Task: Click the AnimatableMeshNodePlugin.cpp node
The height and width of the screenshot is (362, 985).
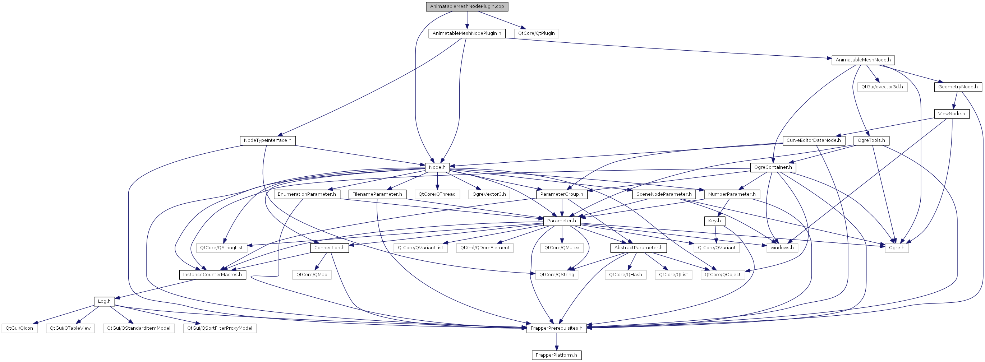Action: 467,6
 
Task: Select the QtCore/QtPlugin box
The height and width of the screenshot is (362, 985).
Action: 536,33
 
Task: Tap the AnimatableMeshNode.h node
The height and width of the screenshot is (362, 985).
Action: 863,60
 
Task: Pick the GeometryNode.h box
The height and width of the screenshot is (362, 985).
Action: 958,87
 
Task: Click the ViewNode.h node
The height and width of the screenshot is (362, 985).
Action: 951,113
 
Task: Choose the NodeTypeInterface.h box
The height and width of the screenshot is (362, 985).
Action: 268,140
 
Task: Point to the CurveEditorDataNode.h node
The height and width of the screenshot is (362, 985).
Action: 814,140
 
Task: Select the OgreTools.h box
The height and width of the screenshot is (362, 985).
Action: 871,140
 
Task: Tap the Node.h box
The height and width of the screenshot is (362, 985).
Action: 437,167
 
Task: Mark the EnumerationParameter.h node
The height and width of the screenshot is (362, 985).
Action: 307,194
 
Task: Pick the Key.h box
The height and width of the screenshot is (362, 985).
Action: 714,221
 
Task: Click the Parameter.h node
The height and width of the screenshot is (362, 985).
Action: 561,221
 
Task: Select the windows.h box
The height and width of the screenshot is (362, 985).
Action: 782,248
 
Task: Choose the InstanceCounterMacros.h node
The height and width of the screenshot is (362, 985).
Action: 213,274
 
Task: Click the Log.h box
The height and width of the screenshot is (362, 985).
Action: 104,301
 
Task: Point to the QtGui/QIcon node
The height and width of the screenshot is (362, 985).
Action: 19,328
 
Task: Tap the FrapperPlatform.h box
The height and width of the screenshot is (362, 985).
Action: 556,355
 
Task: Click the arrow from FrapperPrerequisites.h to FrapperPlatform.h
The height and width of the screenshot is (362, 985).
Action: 556,342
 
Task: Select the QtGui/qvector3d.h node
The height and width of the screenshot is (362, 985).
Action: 882,87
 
